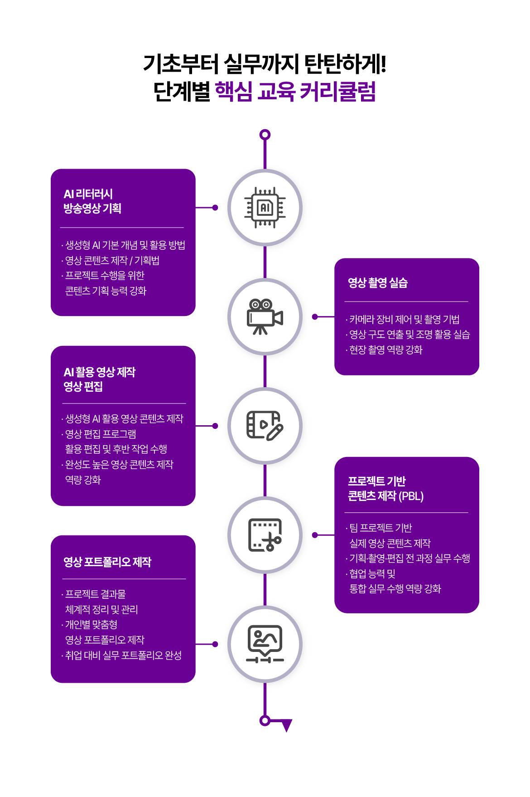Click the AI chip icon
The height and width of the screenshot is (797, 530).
click(265, 208)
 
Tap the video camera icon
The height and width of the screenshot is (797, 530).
click(265, 316)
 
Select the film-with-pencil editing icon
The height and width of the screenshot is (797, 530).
click(265, 426)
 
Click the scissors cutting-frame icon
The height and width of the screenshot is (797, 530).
click(265, 535)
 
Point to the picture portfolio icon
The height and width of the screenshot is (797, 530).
click(265, 644)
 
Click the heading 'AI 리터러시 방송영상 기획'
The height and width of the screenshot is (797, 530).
click(92, 201)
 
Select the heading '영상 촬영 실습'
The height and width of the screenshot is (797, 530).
click(378, 282)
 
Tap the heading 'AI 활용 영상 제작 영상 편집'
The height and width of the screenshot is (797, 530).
click(99, 379)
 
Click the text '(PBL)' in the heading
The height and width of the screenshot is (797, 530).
click(411, 496)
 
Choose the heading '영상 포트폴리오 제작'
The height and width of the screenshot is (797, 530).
click(107, 562)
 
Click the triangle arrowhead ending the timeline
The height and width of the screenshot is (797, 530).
click(286, 725)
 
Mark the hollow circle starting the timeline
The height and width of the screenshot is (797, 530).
click(265, 135)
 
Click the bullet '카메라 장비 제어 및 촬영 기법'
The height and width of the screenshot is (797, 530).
click(403, 319)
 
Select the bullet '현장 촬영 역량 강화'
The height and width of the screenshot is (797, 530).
click(384, 350)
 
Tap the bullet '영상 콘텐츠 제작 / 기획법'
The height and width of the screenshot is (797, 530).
click(111, 260)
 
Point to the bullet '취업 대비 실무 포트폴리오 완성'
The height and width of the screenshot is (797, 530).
click(121, 655)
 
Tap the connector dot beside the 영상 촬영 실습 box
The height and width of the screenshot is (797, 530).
click(315, 317)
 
